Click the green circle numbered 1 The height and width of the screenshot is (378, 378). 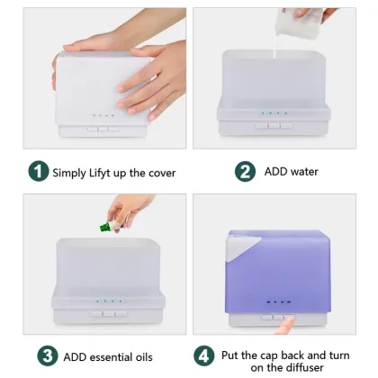point(37,172)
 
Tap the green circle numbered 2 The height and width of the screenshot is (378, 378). point(244,172)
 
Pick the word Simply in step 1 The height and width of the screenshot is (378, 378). point(70,172)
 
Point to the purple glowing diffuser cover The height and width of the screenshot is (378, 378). point(279,270)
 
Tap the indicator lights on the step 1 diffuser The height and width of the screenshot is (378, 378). point(103,115)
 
